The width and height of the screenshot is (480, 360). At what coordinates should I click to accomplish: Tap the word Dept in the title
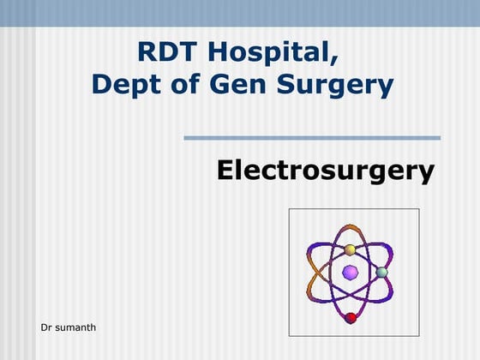123,84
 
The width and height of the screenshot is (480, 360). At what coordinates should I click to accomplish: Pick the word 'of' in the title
183,84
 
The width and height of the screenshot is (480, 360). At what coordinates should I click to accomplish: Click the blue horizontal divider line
312,137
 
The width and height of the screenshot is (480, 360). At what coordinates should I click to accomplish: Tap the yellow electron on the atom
350,250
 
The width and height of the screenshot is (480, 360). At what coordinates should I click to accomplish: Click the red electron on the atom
350,318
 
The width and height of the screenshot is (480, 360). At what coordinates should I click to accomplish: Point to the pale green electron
382,273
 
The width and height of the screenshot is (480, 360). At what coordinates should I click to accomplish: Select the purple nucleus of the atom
350,273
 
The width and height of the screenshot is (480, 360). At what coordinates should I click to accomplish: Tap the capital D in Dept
101,84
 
